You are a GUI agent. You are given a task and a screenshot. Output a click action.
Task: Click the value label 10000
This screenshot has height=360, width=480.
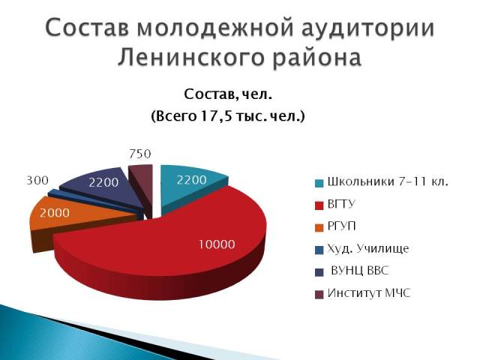216,244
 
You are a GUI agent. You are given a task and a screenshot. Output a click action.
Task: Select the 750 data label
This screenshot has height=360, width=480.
140,154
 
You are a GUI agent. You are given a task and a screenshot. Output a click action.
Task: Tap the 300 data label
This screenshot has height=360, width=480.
37,181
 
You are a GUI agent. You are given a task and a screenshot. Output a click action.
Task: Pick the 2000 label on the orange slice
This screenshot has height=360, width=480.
55,212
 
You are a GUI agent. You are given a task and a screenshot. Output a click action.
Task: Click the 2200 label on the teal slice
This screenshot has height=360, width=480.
192,180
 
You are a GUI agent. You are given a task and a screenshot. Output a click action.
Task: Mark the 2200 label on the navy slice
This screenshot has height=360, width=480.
103,182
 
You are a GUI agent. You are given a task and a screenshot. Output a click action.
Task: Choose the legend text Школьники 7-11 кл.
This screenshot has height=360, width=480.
387,182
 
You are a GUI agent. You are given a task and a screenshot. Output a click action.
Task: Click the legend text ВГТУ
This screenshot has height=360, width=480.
341,204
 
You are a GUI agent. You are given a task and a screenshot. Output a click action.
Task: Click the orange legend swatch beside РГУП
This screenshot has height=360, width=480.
319,226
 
